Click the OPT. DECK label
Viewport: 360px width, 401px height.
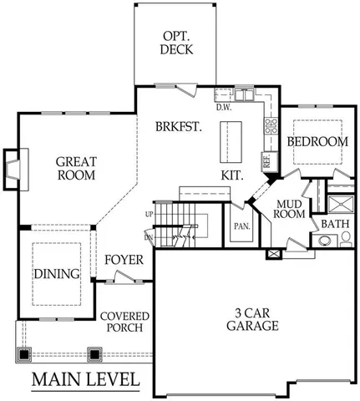point(175,43)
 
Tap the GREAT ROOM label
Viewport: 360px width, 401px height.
point(76,168)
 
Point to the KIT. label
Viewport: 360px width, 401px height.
point(232,175)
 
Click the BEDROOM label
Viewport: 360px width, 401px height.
point(317,142)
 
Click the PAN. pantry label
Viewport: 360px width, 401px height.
point(242,226)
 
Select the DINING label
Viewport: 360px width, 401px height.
point(57,274)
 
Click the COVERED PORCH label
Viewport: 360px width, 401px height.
point(124,322)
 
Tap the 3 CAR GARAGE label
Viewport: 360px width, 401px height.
point(251,319)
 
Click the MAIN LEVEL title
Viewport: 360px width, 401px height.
point(85,379)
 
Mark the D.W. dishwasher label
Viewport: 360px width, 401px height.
point(223,107)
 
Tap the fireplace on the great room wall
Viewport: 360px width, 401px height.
point(14,165)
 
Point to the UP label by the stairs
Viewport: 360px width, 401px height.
point(150,215)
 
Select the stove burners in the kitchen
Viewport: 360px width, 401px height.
point(271,127)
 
